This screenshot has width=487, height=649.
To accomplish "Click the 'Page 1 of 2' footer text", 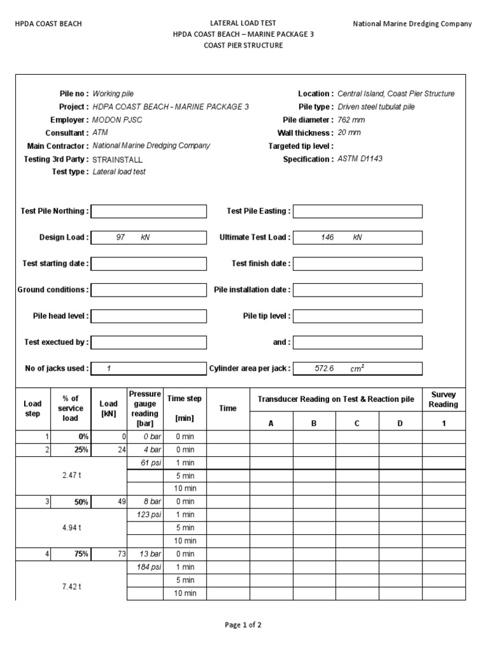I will pos(243,624).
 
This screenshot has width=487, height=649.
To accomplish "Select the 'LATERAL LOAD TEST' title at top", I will pos(243,23).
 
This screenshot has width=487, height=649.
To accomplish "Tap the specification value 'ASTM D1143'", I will pos(360,159).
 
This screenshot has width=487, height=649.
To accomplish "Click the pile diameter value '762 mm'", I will pos(351,120).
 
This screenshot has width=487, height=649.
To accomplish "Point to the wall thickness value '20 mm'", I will pos(349,133).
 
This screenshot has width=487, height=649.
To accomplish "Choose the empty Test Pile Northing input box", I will pos(149,211).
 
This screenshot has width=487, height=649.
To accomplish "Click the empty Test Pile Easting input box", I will pos(358,211).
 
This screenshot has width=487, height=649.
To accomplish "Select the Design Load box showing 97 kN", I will pos(149,238).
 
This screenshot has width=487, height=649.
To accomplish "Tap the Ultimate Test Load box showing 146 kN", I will pos(358,238).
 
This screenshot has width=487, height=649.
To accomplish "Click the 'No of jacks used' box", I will pos(149,368).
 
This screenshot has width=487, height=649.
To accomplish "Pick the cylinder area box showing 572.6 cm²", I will pos(358,368).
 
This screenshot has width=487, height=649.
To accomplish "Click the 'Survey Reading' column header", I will pos(443,399).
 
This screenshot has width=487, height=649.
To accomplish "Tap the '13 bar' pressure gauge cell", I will pos(146,554).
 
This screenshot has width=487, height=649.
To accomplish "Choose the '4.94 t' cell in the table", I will pos(71,527).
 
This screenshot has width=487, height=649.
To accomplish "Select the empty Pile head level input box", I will pos(149,316).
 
